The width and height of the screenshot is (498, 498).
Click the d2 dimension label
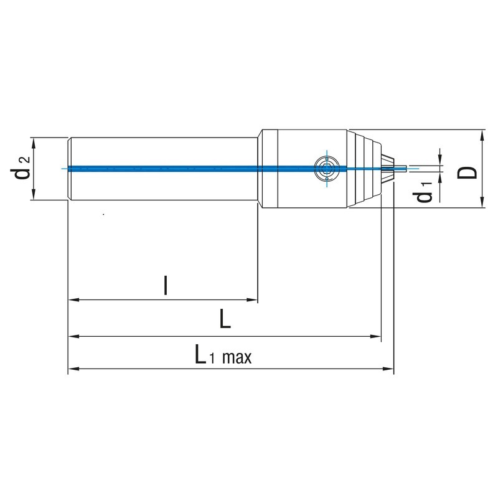pyautogui.click(x=21, y=168)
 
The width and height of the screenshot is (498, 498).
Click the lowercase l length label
pyautogui.click(x=165, y=285)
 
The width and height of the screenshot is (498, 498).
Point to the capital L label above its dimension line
pyautogui.click(x=225, y=319)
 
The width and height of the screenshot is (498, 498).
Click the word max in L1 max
pyautogui.click(x=237, y=358)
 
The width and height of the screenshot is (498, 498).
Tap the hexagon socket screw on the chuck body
pyautogui.click(x=327, y=168)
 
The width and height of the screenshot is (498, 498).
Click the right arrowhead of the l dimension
pyautogui.click(x=252, y=299)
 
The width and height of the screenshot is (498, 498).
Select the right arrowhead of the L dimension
pyautogui.click(x=376, y=336)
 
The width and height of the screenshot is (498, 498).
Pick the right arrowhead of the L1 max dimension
pyautogui.click(x=388, y=369)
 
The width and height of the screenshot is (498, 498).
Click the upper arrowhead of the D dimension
pyautogui.click(x=482, y=135)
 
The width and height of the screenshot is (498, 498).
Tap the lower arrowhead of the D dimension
pyautogui.click(x=482, y=202)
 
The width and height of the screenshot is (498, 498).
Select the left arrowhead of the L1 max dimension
pyautogui.click(x=73, y=369)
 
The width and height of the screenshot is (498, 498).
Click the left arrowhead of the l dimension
pyautogui.click(x=73, y=299)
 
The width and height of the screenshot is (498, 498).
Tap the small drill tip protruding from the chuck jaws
pyautogui.click(x=400, y=168)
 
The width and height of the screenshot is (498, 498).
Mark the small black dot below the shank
pyautogui.click(x=103, y=214)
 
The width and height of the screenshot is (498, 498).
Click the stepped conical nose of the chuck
pyautogui.click(x=365, y=169)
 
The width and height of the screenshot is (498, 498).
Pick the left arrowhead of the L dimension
pyautogui.click(x=73, y=336)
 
